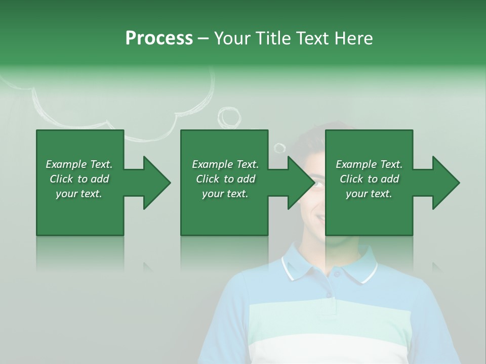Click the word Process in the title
(159, 38)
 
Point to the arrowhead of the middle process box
(301, 183)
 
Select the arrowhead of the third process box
(445, 183)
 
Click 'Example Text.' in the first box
(79, 164)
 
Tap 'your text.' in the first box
(79, 194)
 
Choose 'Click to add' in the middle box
(225, 179)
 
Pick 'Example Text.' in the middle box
(225, 164)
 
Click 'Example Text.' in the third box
(369, 164)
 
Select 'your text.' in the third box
(369, 194)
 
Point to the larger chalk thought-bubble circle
(230, 117)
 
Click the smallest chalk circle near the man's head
(279, 148)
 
